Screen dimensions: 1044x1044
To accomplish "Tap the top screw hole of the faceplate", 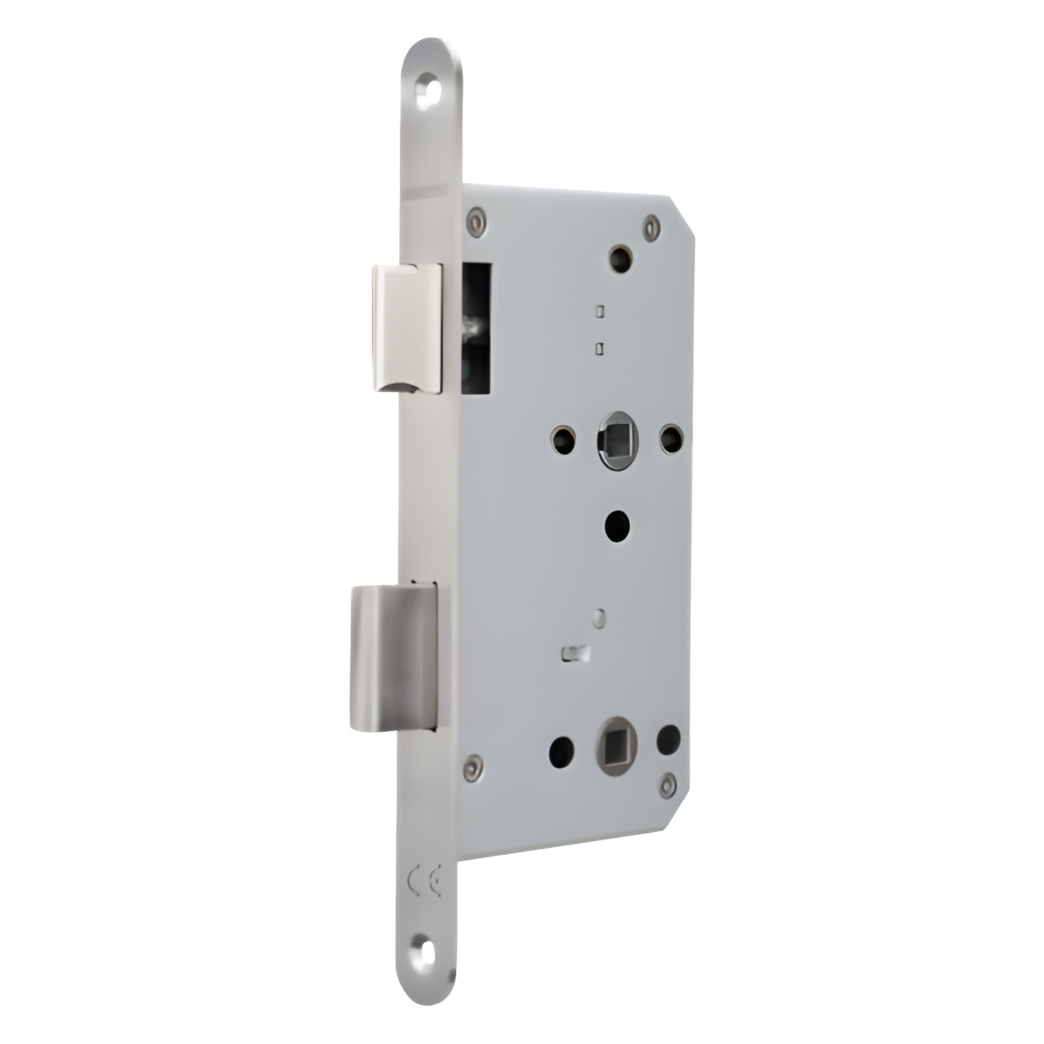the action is pos(426,92).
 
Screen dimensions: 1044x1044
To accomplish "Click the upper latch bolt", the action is pos(407,327).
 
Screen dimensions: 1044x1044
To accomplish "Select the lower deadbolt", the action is pos(392,656).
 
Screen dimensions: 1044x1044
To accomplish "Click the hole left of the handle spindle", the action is pos(564,438).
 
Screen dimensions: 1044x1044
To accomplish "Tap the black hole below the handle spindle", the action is pos(618,525).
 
